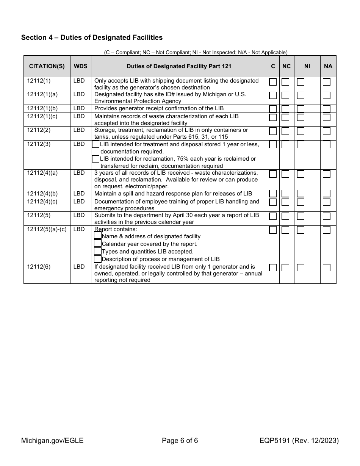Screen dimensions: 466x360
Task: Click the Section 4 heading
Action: (x=92, y=38)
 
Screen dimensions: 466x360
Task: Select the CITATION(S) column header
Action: (x=47, y=66)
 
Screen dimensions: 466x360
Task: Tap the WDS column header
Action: (x=80, y=66)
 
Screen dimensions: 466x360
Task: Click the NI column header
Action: (x=307, y=66)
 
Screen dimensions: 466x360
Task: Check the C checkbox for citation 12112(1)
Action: (x=273, y=82)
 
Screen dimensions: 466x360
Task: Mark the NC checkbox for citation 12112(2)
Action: (x=285, y=131)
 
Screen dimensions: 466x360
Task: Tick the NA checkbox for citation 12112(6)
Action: (x=326, y=267)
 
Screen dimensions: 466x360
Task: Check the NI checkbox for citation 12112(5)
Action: (x=301, y=216)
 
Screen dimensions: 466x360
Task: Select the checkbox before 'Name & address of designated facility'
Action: (x=97, y=236)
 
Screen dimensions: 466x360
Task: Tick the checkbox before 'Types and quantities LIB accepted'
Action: (x=97, y=251)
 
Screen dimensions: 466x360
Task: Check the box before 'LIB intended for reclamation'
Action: (x=96, y=159)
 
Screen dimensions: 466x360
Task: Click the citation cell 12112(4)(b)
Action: (x=42, y=194)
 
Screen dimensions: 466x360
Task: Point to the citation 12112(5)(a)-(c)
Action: (x=47, y=229)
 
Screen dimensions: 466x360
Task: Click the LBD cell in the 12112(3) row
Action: (x=79, y=144)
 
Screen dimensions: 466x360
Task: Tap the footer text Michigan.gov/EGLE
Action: (x=52, y=441)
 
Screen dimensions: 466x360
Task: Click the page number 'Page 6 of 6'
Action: (x=180, y=441)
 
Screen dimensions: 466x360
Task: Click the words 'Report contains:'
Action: (x=116, y=229)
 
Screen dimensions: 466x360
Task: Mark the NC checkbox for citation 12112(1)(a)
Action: (x=285, y=95)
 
